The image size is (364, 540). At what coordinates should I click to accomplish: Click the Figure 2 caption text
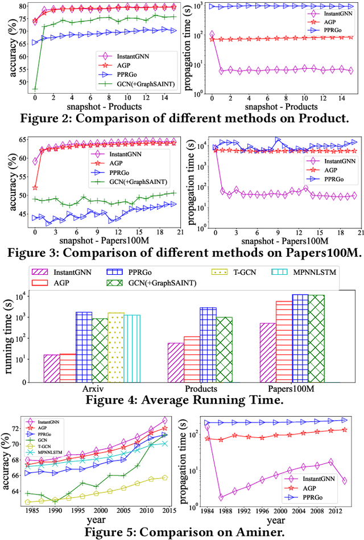point(181,119)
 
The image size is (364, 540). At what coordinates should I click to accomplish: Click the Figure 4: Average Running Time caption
point(181,400)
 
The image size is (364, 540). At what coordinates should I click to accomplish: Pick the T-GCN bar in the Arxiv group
point(115,346)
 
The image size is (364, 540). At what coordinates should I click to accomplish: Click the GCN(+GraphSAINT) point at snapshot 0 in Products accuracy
point(35,89)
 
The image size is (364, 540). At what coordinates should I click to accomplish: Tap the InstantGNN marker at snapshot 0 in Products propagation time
point(212,35)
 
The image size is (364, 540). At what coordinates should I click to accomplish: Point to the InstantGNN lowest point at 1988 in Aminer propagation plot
point(221,497)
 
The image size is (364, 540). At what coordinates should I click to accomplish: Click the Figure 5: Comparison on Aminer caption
point(181,533)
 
